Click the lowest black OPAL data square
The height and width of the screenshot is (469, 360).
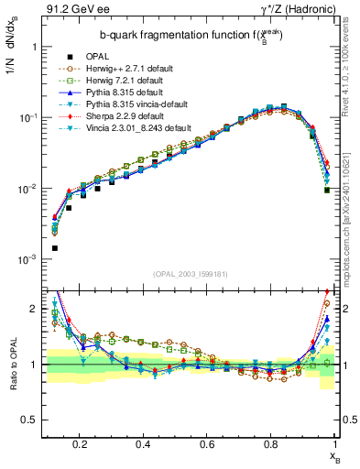[x=55, y=248]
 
